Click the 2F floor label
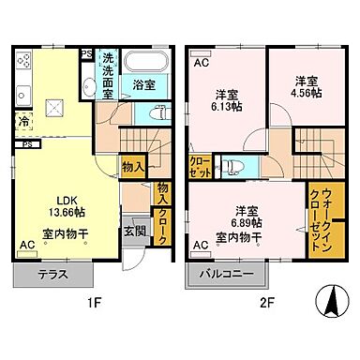(266, 302)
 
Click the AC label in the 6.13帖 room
(202, 63)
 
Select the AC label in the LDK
(27, 245)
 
